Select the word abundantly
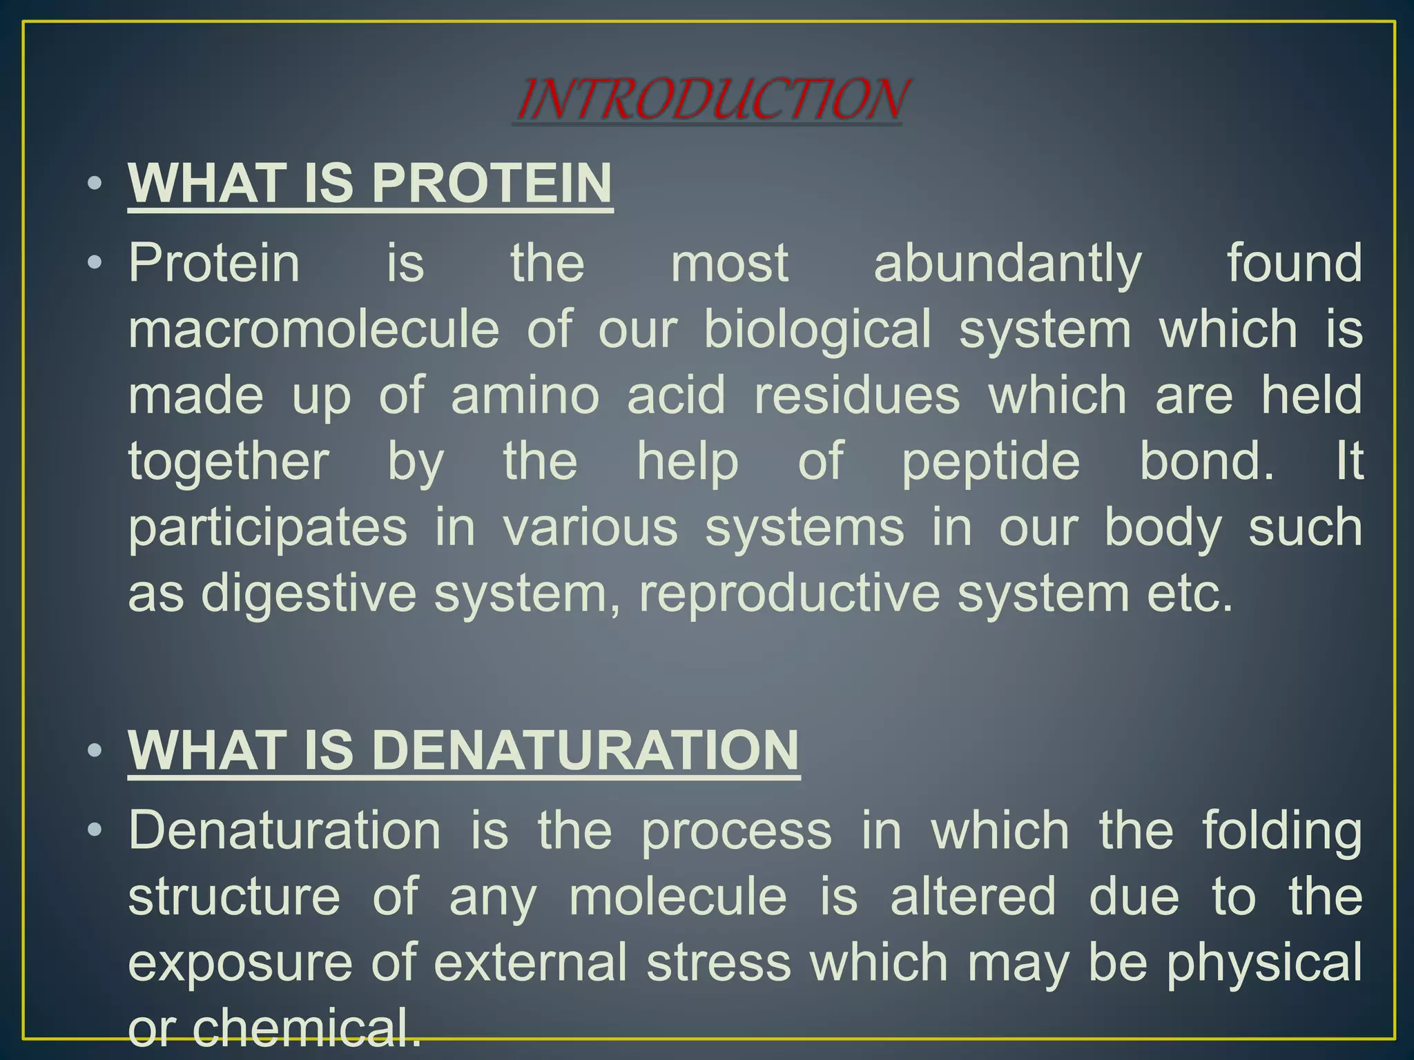1007,264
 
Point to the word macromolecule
313,329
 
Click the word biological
817,329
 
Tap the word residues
857,395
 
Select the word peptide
991,462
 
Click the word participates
268,528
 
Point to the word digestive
309,593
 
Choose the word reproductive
789,593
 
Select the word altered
973,896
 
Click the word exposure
240,963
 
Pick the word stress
718,963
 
